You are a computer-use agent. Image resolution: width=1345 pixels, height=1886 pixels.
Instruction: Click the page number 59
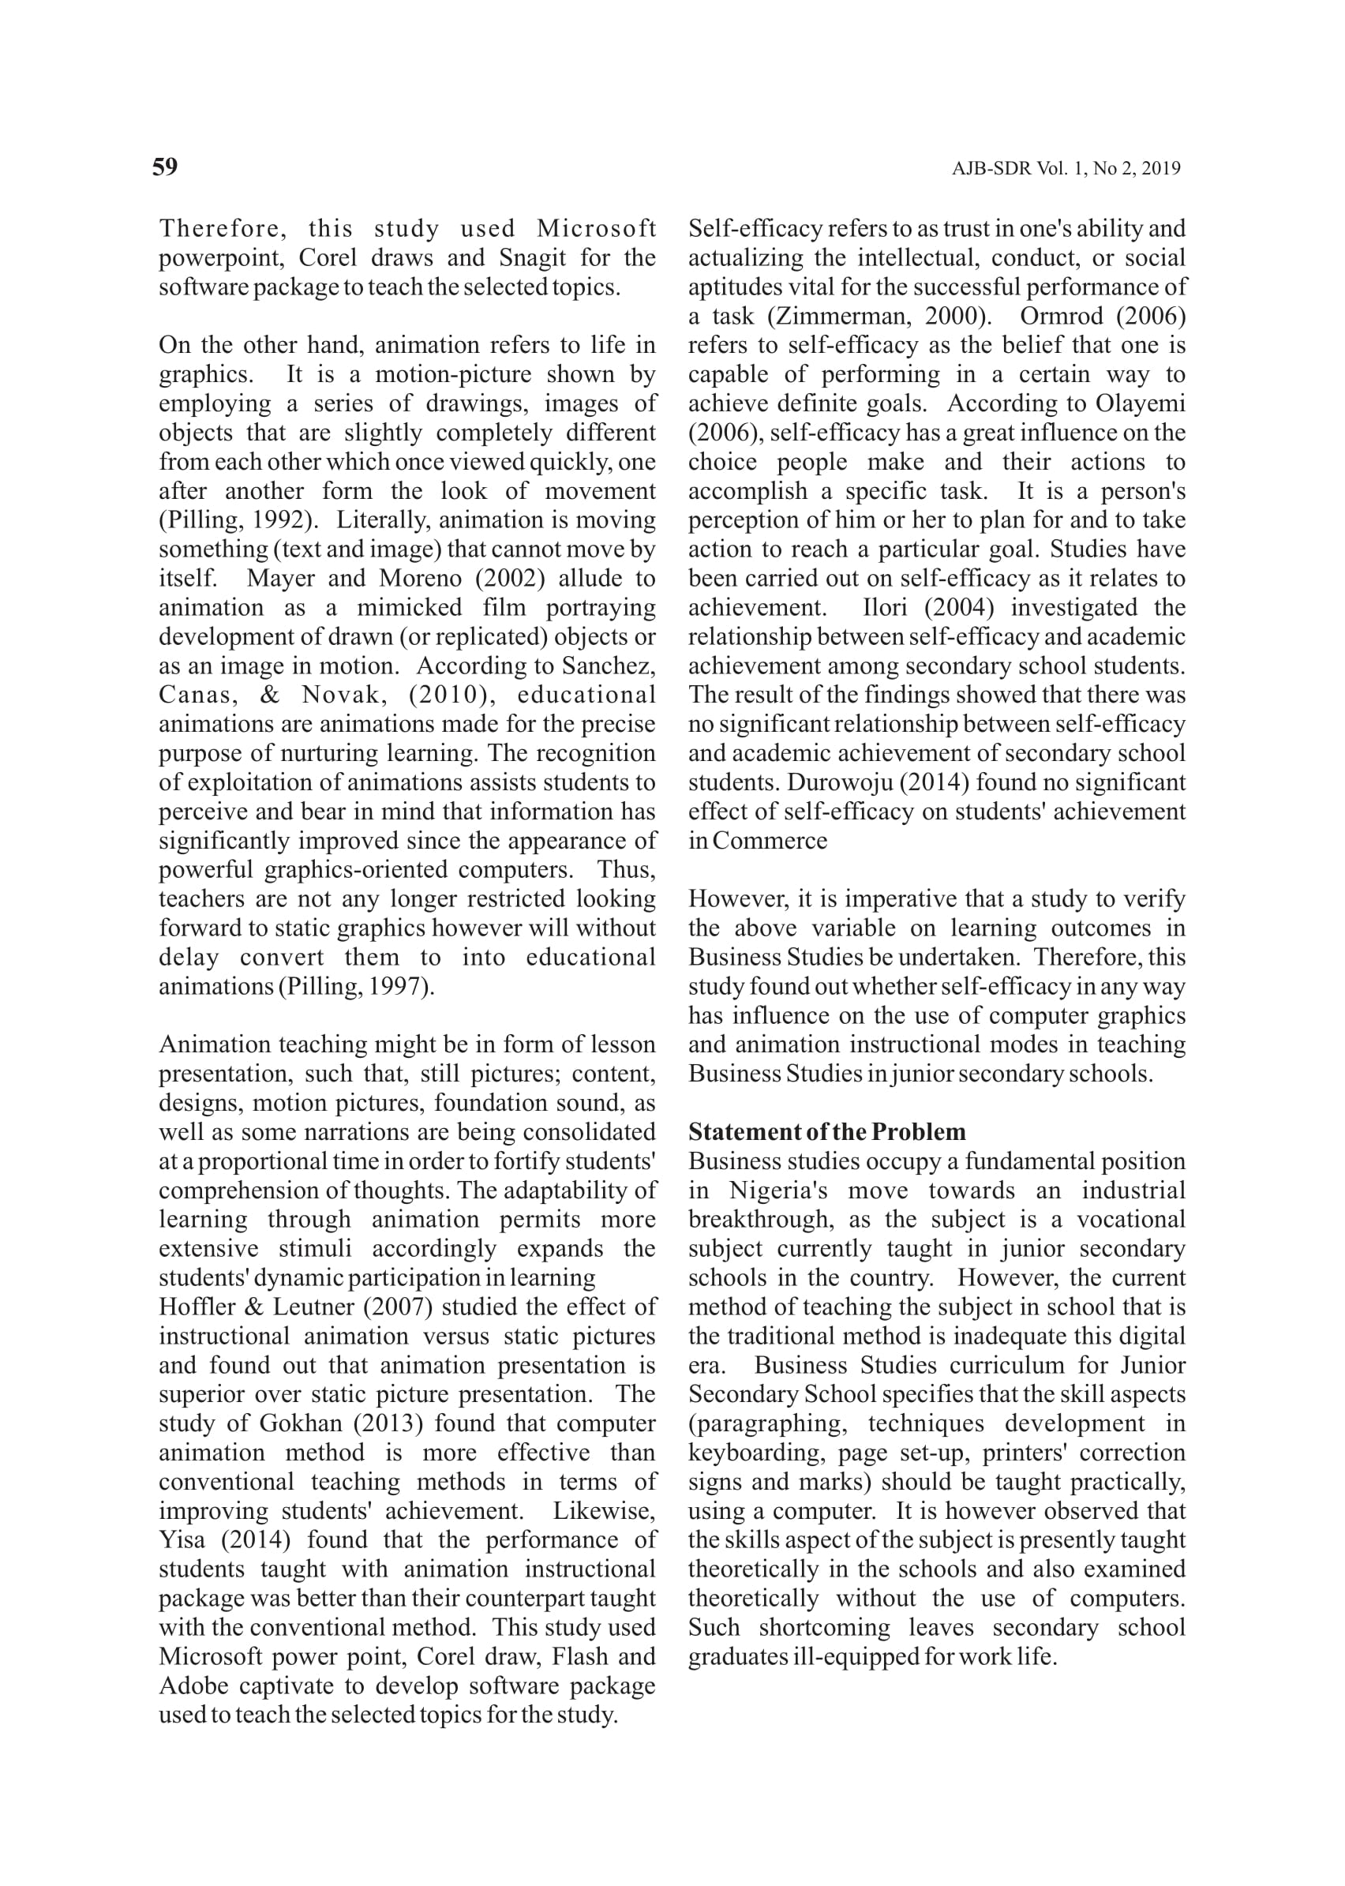pyautogui.click(x=165, y=167)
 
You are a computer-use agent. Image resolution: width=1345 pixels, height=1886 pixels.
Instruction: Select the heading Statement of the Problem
pyautogui.click(x=826, y=1132)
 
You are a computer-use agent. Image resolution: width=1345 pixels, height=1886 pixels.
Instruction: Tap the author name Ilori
pyautogui.click(x=885, y=608)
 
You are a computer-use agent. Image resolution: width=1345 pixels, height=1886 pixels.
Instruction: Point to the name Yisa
pyautogui.click(x=181, y=1539)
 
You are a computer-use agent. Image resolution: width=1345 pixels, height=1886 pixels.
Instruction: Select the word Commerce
pyautogui.click(x=770, y=841)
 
